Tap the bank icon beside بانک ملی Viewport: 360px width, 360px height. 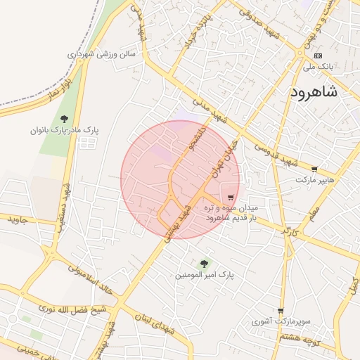pyautogui.click(x=319, y=56)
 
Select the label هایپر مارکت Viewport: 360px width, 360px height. pyautogui.click(x=313, y=181)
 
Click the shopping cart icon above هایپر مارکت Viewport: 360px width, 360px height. pyautogui.click(x=314, y=169)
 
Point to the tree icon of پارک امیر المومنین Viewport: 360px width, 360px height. pyautogui.click(x=205, y=263)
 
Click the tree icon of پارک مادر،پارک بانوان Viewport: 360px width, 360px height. pyautogui.click(x=65, y=119)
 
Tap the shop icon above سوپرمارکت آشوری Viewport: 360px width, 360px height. pyautogui.click(x=281, y=311)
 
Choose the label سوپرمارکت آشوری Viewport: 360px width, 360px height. pyautogui.click(x=281, y=321)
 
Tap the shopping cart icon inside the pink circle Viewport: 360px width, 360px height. pyautogui.click(x=231, y=198)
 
